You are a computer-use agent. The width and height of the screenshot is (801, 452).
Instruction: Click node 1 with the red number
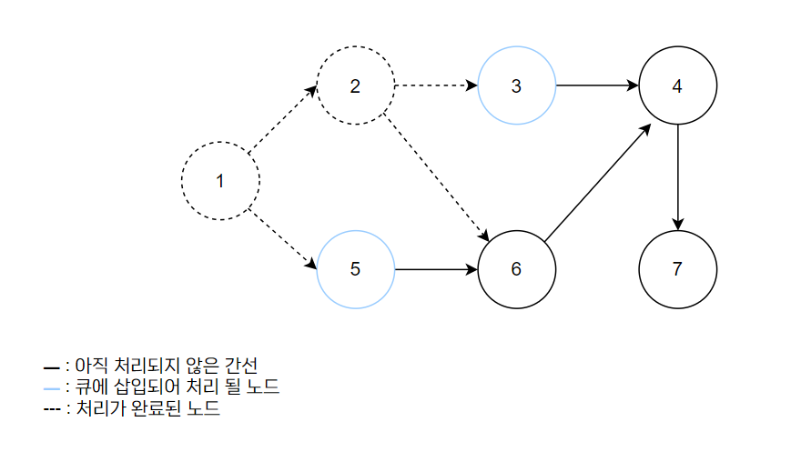219,180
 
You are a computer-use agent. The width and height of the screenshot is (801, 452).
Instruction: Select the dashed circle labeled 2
355,86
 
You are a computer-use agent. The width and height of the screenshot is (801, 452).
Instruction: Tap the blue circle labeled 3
516,86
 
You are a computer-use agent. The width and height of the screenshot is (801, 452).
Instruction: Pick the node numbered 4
677,86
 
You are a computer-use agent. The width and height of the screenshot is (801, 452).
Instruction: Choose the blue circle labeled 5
355,269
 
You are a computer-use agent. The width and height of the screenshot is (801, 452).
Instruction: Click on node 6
516,269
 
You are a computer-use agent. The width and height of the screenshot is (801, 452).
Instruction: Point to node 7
677,269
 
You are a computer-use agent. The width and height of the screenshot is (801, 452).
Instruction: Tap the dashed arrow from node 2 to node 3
436,86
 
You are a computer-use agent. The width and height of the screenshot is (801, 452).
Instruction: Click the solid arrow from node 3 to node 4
596,86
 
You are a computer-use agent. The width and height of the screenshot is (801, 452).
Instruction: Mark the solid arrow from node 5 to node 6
436,269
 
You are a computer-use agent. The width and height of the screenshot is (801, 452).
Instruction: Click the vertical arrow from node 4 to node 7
677,177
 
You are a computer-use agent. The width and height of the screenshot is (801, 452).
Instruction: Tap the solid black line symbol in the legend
51,367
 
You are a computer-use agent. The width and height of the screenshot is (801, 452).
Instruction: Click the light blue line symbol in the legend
51,388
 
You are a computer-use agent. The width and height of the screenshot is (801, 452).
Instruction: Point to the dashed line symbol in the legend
51,410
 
